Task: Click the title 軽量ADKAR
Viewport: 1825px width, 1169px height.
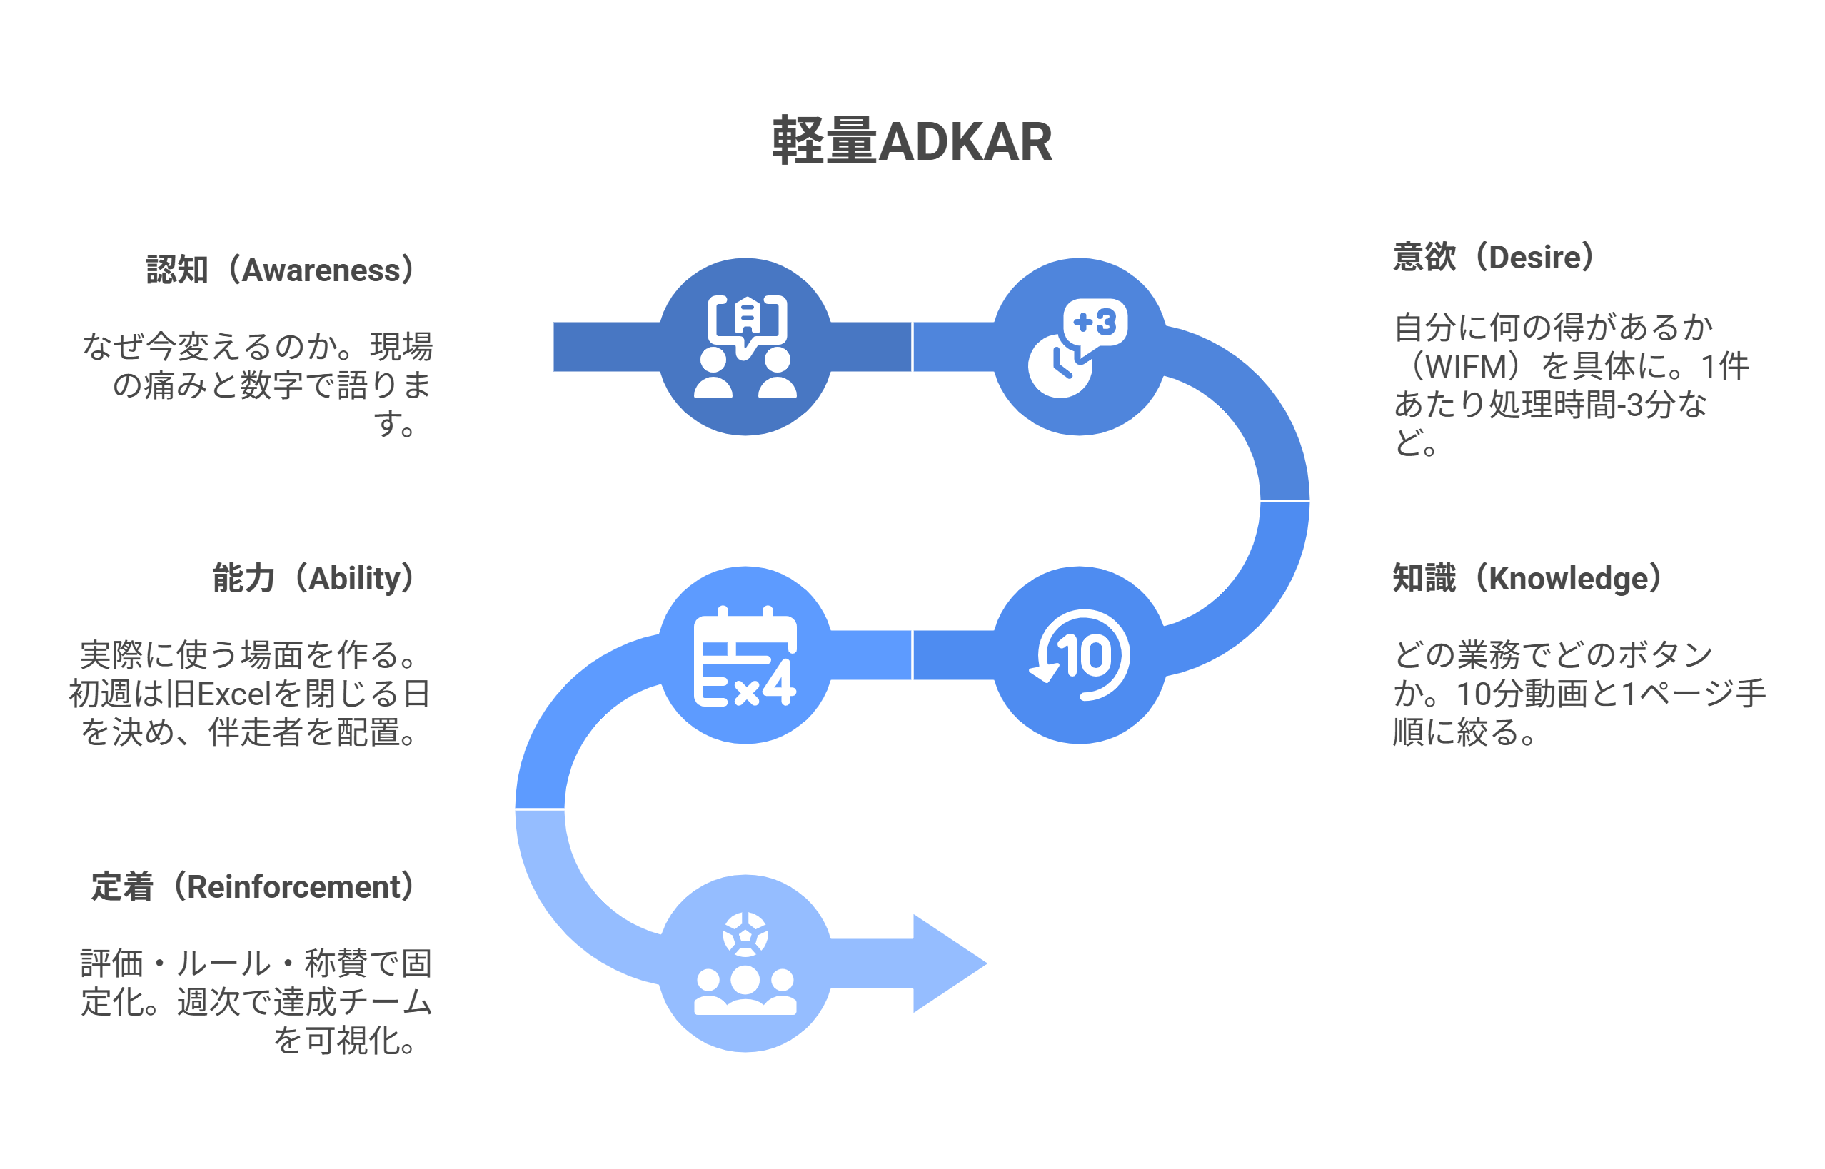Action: (x=911, y=141)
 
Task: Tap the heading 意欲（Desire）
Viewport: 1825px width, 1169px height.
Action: (x=1494, y=258)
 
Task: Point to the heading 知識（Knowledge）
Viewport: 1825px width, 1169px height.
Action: (x=1527, y=578)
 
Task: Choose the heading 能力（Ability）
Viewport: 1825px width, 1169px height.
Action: (x=313, y=578)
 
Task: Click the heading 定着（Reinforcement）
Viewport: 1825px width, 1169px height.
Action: (x=253, y=886)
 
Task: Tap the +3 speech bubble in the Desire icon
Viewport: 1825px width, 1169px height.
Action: (x=1095, y=323)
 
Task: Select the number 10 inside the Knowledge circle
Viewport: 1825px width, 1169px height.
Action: (x=1086, y=655)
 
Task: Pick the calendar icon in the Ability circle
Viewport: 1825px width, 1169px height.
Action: (x=744, y=657)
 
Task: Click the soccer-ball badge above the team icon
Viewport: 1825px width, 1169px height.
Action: (x=745, y=933)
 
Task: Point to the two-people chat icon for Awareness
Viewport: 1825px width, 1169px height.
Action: (x=745, y=347)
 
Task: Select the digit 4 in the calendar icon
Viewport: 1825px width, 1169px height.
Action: (x=779, y=683)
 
